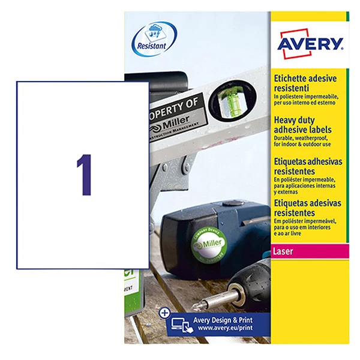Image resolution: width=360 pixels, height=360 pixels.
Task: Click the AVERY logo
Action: (310, 44)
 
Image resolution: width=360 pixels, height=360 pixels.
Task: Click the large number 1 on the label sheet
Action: (85, 174)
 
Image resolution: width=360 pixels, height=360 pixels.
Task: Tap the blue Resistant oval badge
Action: (154, 37)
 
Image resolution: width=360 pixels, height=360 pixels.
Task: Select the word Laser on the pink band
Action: (285, 251)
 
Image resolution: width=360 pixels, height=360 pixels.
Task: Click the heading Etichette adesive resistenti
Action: (305, 83)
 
